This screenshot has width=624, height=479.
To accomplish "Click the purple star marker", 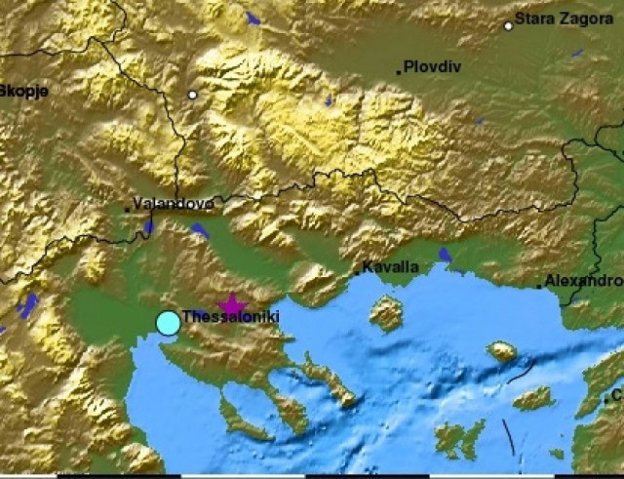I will [x=232, y=307].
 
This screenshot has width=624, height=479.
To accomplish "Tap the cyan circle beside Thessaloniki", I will [x=168, y=322].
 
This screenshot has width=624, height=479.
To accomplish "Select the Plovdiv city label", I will [x=432, y=66].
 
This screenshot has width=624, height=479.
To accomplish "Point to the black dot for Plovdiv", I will [x=399, y=71].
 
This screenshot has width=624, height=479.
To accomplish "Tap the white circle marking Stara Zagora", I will [x=508, y=26].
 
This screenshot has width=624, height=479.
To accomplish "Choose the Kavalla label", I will [x=390, y=266].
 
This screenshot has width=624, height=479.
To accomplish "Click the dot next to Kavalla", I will [x=356, y=272].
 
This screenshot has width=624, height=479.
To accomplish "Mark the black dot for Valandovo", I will [x=126, y=209].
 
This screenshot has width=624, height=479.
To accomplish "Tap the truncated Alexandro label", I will [x=583, y=280].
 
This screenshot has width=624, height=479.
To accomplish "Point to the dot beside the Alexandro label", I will [x=539, y=286].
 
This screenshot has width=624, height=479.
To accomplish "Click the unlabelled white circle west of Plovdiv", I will [x=193, y=95].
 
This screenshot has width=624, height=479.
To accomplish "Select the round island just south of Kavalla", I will [x=387, y=314].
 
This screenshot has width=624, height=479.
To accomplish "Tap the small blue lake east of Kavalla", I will [x=445, y=256].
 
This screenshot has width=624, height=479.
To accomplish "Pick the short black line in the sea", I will [x=507, y=436].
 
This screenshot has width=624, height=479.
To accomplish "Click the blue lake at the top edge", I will [x=253, y=18].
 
